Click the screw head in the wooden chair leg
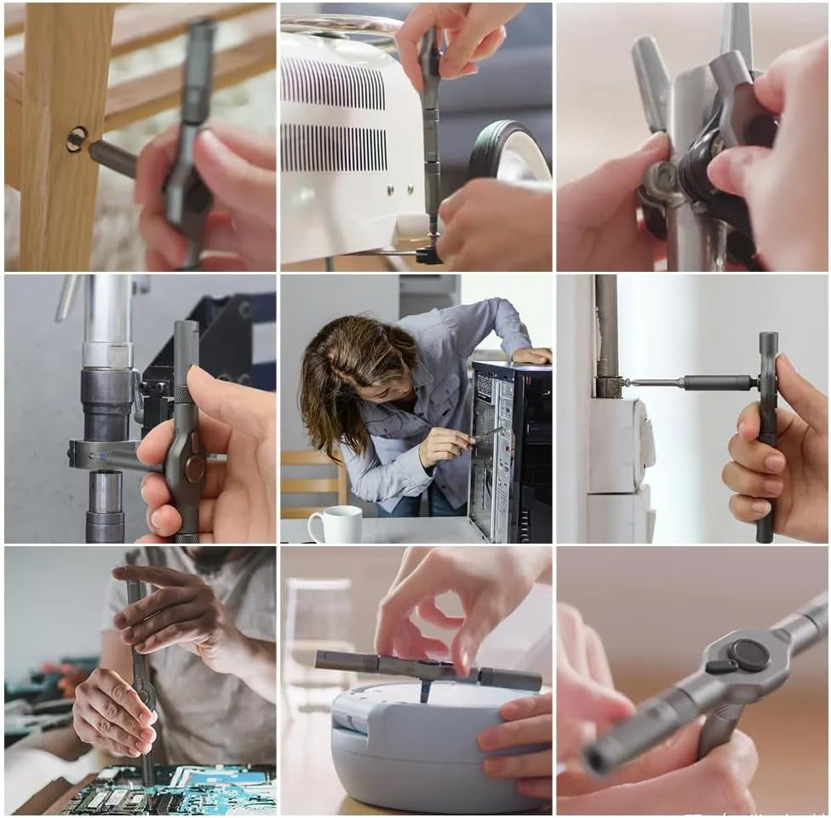(x=77, y=139)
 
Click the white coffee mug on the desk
(x=335, y=524)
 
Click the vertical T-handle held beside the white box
(x=767, y=435)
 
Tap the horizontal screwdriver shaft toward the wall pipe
(x=690, y=383)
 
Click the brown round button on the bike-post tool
(x=195, y=468)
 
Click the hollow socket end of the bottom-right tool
(x=604, y=758)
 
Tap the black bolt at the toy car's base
(x=429, y=254)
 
